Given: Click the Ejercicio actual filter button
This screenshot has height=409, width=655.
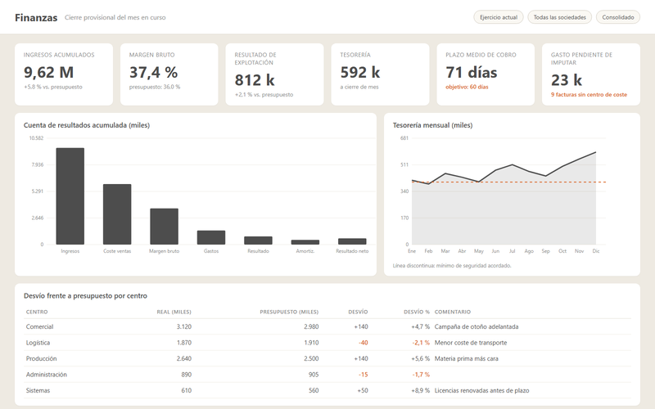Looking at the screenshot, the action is pos(499,17).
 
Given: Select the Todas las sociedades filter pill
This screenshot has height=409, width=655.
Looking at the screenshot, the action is pos(560,17).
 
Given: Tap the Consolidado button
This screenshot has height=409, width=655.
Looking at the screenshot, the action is pos(618,17).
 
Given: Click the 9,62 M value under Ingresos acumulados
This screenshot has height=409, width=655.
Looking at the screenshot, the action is pos(48,72).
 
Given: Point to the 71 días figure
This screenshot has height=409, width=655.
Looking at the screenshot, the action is pos(472,72).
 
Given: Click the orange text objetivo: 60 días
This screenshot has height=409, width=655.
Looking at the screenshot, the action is pos(467,87).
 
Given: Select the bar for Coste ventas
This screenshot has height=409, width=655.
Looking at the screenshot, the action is pos(117,214).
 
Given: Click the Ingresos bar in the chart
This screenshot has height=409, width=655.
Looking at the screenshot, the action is pos(70,196).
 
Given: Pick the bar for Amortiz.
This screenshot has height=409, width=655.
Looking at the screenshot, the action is pos(305,242).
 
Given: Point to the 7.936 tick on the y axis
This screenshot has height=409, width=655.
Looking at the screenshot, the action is pos(37,164).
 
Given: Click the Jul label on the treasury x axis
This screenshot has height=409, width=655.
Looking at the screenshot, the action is pos(513,251).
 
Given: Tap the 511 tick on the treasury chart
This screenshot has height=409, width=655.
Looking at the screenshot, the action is pos(404,164).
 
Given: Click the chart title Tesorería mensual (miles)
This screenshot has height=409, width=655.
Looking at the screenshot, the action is pos(432,125).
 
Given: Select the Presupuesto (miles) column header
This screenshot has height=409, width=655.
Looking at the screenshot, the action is pos(289,312).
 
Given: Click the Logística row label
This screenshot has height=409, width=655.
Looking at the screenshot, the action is pos(38,343).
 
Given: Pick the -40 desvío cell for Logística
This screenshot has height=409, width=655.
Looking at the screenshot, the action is pos(363,343).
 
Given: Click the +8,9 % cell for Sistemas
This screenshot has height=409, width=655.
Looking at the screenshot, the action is pos(420,391).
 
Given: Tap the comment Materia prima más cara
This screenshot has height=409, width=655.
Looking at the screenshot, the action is pos(466,358).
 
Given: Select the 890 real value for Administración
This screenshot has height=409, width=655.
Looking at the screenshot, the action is pos(187,375).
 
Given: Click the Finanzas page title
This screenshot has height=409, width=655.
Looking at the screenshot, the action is pos(36,17).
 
